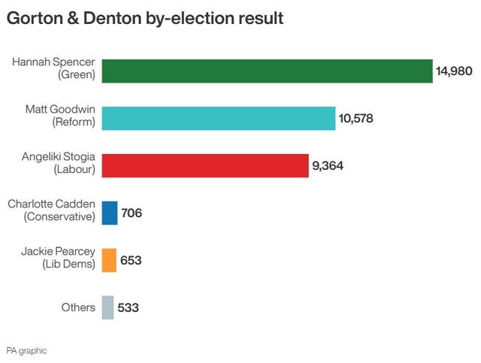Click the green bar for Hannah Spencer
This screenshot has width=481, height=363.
point(267,71)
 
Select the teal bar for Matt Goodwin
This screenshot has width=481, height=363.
point(218,119)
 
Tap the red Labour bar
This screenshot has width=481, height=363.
point(204,166)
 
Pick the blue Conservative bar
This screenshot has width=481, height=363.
point(109,213)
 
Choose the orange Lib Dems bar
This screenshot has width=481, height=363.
point(109,261)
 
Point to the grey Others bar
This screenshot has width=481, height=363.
point(107,307)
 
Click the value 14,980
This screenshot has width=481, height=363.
point(456,71)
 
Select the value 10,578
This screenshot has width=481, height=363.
point(355,119)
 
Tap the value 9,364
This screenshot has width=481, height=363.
point(328,166)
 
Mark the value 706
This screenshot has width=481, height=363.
point(132,213)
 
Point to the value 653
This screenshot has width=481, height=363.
point(132,261)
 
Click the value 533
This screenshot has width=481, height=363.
point(129,307)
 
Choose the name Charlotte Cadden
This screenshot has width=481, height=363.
point(51,203)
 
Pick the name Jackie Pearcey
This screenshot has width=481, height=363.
point(59,250)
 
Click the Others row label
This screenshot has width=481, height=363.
point(79,307)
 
